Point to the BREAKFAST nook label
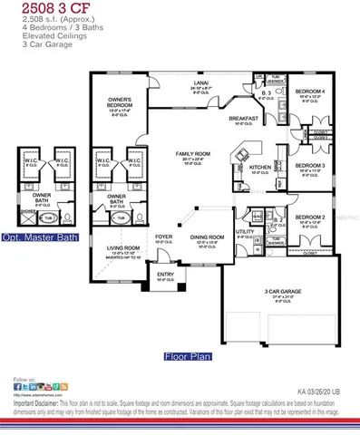coord(242,119)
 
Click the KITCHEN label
coord(260,168)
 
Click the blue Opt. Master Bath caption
coord(39,237)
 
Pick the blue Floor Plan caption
coord(188,355)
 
